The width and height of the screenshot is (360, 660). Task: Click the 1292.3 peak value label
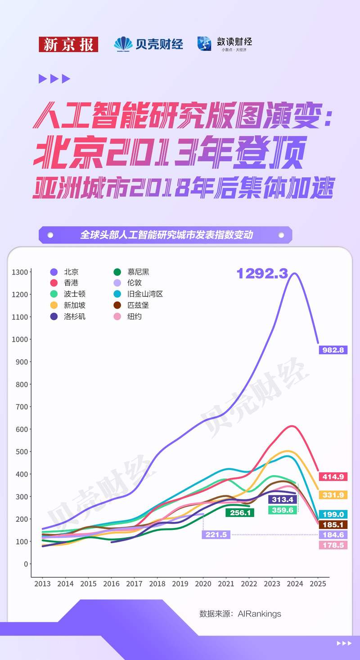pos(262,273)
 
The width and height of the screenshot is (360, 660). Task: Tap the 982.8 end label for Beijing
pos(333,350)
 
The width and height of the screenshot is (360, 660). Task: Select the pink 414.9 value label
pos(333,477)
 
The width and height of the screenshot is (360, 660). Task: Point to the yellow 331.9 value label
pos(333,495)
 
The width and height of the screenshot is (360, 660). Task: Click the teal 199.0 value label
pos(333,514)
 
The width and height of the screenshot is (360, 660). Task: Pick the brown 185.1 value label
pos(333,525)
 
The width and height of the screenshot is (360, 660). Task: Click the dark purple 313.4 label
pos(282,499)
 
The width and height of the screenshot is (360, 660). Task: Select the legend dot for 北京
pos(54,272)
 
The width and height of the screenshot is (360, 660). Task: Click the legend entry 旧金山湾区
pos(144,294)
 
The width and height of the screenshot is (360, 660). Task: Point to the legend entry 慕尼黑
pos(138,272)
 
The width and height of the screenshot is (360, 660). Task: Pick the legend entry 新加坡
pos(75,305)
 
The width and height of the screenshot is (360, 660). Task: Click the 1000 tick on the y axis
pos(21,339)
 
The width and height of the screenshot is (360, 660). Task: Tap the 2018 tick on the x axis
pos(157,584)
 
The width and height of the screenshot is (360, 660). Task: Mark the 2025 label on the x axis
pos(318,584)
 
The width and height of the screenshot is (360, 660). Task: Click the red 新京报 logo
pos(68,44)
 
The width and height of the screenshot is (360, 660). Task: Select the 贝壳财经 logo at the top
pos(148,44)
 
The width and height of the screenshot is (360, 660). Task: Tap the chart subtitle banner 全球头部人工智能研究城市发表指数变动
pos(166,235)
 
